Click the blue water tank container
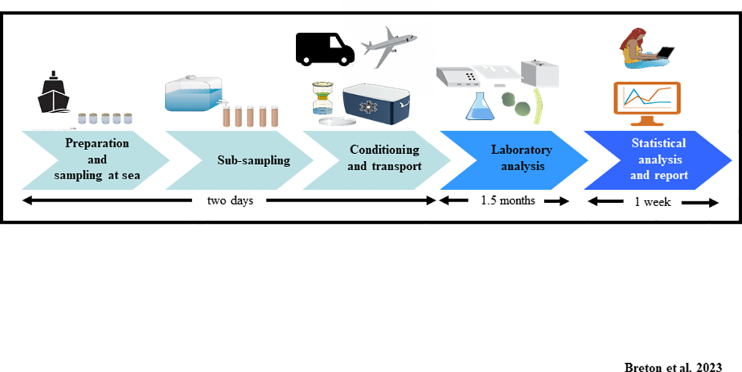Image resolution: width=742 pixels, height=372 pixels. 194,95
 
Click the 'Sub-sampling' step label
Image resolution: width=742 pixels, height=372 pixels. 254,160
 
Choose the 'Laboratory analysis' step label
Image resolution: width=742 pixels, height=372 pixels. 521,158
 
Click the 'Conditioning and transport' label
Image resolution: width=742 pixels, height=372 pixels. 384,158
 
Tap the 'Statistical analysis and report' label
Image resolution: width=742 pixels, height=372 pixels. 658,160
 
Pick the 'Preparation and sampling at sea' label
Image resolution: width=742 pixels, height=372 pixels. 97,160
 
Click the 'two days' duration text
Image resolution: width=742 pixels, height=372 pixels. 230,201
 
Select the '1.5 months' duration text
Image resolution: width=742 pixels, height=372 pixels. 508,201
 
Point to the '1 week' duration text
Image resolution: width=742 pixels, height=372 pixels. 653,202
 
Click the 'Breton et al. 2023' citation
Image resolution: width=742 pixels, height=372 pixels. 673,368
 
